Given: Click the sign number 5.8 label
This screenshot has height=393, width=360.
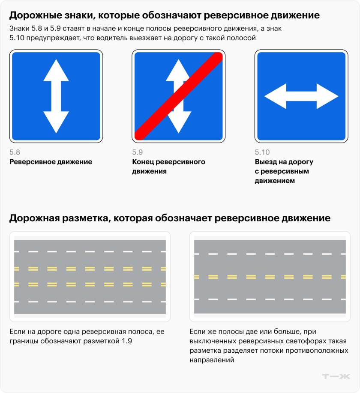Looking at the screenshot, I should coord(15,152).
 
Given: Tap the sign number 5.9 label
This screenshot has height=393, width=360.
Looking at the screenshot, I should coord(137,152).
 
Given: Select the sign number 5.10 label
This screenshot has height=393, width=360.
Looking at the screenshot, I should coord(262,152).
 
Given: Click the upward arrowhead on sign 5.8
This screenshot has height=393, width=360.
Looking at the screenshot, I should coord(56,71).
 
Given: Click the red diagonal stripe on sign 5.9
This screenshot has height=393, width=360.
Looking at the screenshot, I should coord(179,96).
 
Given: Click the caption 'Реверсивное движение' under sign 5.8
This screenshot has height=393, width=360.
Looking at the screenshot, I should coord(51,162).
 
